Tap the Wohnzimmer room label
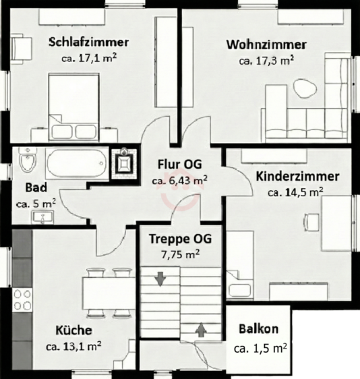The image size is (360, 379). tap(266, 45)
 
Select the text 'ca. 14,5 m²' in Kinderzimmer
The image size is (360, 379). tap(295, 192)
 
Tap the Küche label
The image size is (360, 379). tap(74, 330)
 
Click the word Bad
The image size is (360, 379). tap(35, 187)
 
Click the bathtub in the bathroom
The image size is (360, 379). tap(76, 163)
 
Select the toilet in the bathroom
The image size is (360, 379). tap(28, 162)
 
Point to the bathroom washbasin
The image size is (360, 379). tap(44, 217)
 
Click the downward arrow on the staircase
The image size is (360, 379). tap(160, 278)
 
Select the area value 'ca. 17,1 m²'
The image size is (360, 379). tap(86, 59)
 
